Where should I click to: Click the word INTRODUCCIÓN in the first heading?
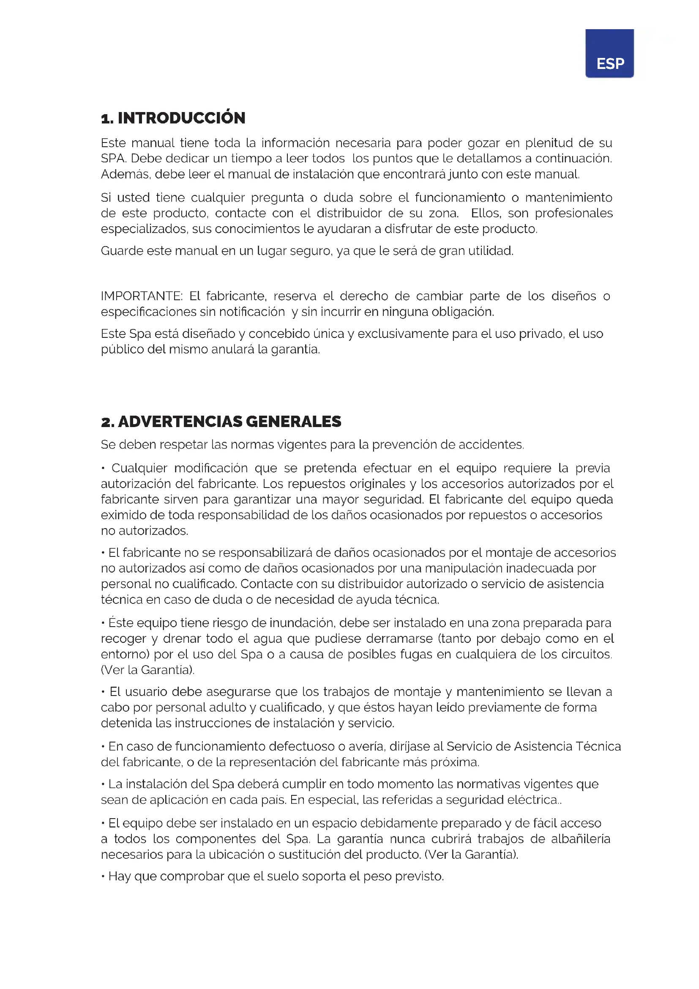click(x=181, y=118)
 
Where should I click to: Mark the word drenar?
click(x=182, y=638)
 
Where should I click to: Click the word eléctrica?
click(x=533, y=800)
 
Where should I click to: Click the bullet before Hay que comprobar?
click(x=103, y=877)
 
